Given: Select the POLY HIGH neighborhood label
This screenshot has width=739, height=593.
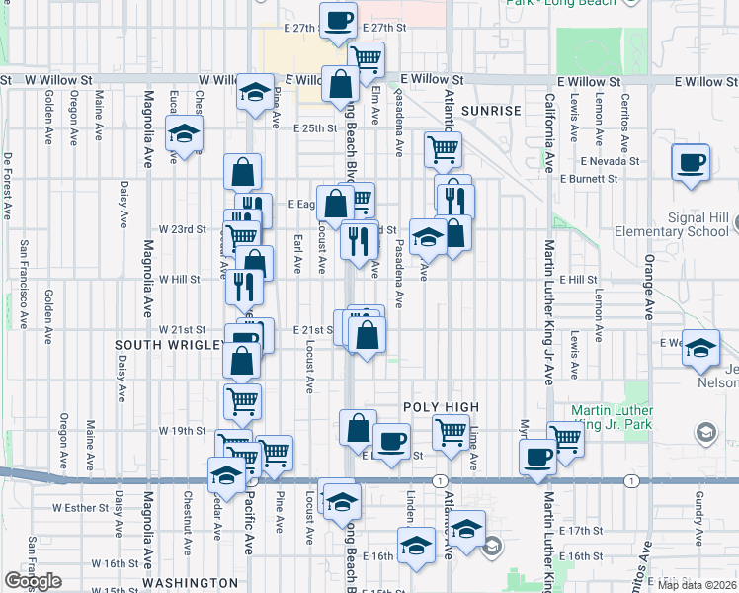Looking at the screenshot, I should [441, 407].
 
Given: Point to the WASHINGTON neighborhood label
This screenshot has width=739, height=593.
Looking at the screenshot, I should [190, 583].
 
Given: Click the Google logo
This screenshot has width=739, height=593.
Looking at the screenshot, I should [33, 581].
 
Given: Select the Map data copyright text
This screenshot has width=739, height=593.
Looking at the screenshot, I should [698, 584].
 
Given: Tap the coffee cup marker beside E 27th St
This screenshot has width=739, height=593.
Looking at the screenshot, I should [338, 20].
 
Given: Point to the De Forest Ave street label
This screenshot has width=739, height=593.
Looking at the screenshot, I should [7, 185].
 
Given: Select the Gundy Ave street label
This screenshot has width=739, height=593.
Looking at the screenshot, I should [698, 508].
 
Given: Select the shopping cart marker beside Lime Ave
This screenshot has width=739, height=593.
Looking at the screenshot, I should [451, 431].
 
